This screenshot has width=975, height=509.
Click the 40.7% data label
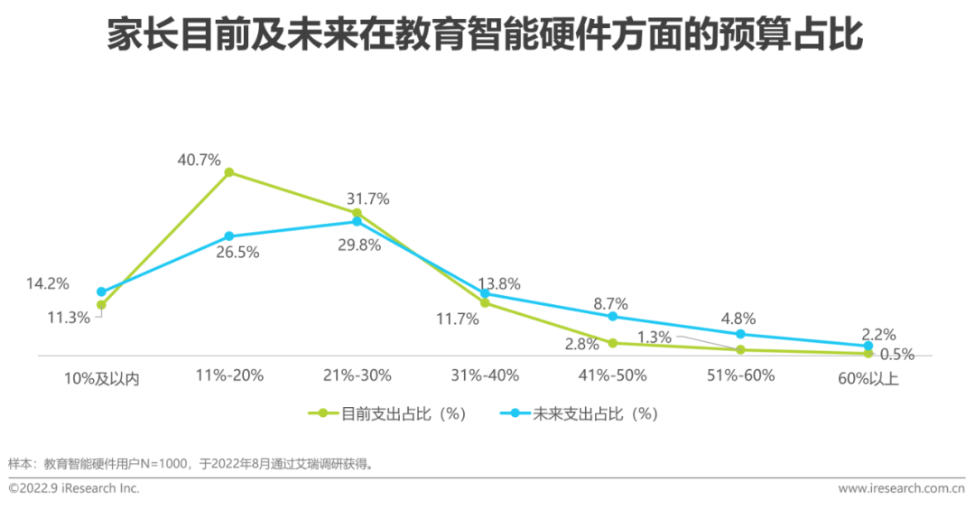coord(199,161)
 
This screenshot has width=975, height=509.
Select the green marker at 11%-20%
coord(229,171)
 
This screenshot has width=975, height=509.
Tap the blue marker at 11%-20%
coord(229,236)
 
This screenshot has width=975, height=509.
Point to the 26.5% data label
coord(237,253)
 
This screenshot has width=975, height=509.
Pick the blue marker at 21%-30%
coord(357,221)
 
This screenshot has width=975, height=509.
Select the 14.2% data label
coord(47,283)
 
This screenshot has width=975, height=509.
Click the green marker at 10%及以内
coord(101,305)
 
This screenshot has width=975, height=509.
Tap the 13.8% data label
coord(498,284)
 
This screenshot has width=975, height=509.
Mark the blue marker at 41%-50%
coord(612,316)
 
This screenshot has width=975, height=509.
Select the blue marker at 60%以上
coord(868,346)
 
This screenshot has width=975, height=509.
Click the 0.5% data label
coord(896,355)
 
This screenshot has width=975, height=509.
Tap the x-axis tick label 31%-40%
coord(484,375)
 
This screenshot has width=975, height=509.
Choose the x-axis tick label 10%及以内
coord(102,377)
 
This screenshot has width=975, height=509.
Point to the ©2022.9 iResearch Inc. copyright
coord(74,488)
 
